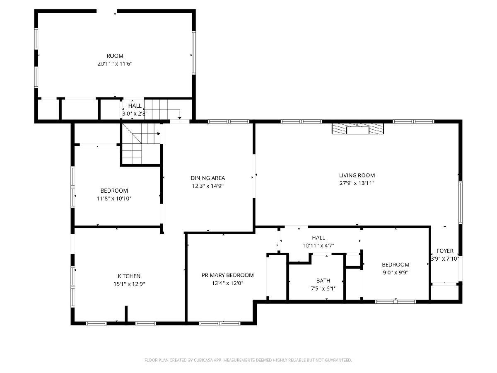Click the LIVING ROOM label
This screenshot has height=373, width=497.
click(x=357, y=175)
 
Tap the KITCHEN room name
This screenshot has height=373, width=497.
click(x=129, y=276)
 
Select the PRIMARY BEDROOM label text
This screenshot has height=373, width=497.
click(x=227, y=275)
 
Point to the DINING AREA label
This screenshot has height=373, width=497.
click(x=207, y=178)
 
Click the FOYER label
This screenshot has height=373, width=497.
click(x=445, y=251)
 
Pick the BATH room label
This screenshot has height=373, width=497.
click(x=323, y=281)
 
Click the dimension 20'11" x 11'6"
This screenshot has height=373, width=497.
click(x=115, y=64)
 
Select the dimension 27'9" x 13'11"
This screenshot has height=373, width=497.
click(x=357, y=183)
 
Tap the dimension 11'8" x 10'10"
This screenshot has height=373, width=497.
click(x=114, y=199)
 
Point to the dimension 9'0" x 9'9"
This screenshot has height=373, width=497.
click(x=396, y=272)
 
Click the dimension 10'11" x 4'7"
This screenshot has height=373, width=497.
click(x=318, y=245)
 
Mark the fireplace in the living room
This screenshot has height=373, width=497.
click(x=358, y=128)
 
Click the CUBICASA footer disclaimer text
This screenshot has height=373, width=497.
click(x=248, y=360)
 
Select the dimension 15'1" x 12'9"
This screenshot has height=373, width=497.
click(x=129, y=284)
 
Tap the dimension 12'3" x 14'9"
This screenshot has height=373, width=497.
click(x=207, y=186)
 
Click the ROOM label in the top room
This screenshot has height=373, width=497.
click(x=115, y=56)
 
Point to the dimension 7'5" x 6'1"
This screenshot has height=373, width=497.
click(x=323, y=288)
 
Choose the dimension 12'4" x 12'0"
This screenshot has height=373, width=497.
click(x=227, y=283)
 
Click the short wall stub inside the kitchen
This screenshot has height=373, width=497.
click(x=126, y=314)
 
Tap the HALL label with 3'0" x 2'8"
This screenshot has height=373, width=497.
click(x=135, y=106)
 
